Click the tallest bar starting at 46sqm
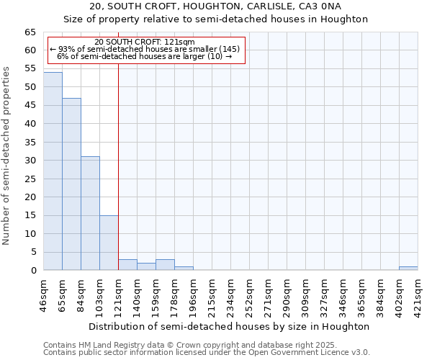pyautogui.click(x=53, y=171)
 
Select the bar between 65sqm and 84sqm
pyautogui.click(x=71, y=184)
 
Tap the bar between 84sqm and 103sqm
pyautogui.click(x=90, y=213)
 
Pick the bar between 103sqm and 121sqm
pyautogui.click(x=109, y=243)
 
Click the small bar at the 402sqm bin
pyautogui.click(x=408, y=269)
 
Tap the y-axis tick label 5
pyautogui.click(x=32, y=252)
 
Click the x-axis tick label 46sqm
pyautogui.click(x=44, y=294)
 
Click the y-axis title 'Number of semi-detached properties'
pyautogui.click(x=7, y=156)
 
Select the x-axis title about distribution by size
pyautogui.click(x=230, y=326)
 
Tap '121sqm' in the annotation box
pyautogui.click(x=181, y=42)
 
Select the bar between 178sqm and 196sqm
pyautogui.click(x=184, y=269)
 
